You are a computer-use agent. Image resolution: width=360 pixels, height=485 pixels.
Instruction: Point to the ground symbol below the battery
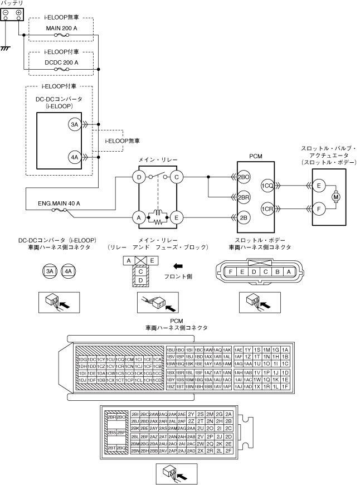pyautogui.click(x=6, y=48)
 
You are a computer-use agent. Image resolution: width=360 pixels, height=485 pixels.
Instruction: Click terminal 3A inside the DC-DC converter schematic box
pyautogui.click(x=75, y=125)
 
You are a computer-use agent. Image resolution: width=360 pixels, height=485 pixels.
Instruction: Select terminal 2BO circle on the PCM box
pyautogui.click(x=243, y=178)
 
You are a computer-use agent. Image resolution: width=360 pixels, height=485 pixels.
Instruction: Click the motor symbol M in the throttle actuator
pyautogui.click(x=335, y=196)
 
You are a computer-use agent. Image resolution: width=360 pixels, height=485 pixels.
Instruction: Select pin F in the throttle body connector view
pyautogui.click(x=230, y=271)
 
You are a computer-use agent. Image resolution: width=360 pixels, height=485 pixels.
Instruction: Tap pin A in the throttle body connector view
pyautogui.click(x=289, y=271)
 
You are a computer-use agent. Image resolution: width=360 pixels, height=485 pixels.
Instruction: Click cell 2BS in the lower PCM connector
pyautogui.click(x=112, y=432)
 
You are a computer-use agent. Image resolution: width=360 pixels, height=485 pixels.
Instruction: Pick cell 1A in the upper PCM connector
pyautogui.click(x=285, y=349)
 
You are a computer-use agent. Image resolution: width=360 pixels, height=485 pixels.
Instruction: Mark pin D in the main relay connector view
pyautogui.click(x=141, y=279)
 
